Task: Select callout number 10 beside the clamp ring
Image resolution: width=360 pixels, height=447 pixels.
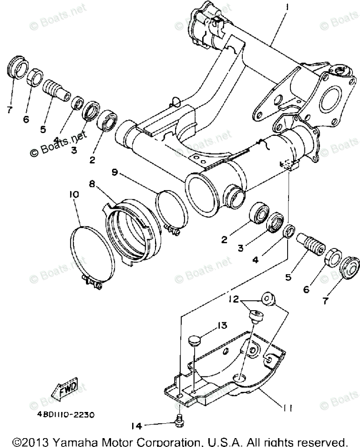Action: pyautogui.click(x=74, y=194)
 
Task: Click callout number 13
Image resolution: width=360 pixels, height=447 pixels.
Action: pyautogui.click(x=221, y=326)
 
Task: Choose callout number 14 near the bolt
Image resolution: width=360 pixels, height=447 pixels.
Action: pyautogui.click(x=136, y=426)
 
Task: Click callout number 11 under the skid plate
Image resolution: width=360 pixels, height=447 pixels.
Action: pyautogui.click(x=287, y=408)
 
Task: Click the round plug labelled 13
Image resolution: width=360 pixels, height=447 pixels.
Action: pyautogui.click(x=196, y=341)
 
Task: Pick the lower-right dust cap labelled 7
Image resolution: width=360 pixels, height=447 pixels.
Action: pyautogui.click(x=348, y=267)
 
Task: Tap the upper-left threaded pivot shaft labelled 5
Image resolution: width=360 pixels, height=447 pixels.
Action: pyautogui.click(x=55, y=89)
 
